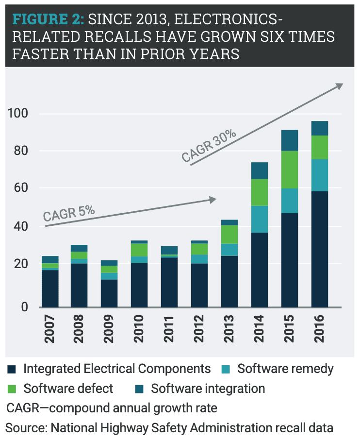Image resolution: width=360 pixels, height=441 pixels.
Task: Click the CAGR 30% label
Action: tap(209, 145)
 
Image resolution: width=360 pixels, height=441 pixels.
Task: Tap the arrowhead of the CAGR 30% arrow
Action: tap(339, 86)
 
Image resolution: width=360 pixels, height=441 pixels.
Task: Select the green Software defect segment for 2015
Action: tap(290, 170)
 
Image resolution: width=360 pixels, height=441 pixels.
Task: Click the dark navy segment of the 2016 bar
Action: tap(320, 249)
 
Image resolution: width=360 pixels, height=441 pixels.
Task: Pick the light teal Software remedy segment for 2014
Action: tap(260, 219)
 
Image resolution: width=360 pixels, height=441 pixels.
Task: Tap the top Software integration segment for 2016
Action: tap(320, 128)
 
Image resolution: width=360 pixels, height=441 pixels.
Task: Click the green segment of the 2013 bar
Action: tap(230, 234)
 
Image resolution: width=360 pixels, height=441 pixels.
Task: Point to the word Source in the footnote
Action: tap(25, 428)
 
